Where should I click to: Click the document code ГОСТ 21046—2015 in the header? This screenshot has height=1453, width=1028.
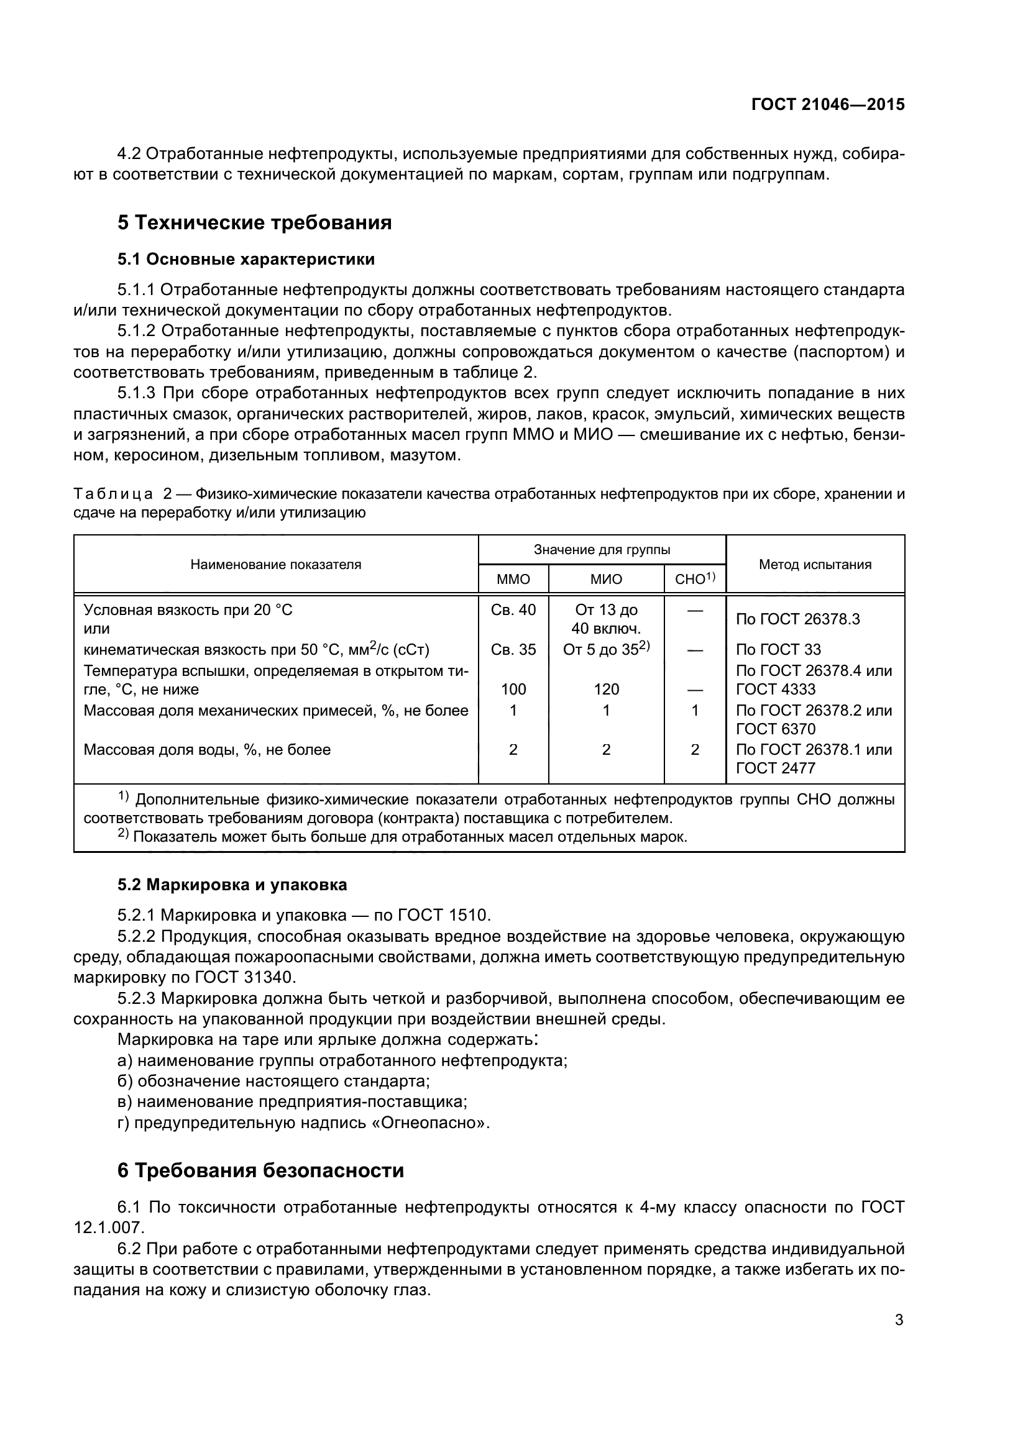[x=828, y=104]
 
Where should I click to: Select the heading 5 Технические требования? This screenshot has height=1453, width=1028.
[x=254, y=223]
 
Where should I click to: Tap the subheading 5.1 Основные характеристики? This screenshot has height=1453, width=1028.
[x=246, y=259]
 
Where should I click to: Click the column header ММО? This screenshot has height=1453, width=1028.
[x=513, y=579]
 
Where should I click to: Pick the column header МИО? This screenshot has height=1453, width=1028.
[x=606, y=579]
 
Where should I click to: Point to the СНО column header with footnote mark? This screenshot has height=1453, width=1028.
[x=694, y=578]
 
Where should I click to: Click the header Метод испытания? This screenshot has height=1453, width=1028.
[x=815, y=565]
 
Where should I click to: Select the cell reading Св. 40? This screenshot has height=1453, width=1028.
[x=513, y=609]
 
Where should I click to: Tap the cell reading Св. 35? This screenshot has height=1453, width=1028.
[x=513, y=649]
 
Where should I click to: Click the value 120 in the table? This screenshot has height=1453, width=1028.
[x=606, y=689]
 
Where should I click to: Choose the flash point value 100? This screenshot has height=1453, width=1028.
[x=513, y=689]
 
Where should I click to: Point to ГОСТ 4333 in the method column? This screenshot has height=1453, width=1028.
[x=776, y=689]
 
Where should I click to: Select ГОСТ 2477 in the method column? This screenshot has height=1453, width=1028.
[x=776, y=768]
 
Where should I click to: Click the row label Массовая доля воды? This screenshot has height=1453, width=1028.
[x=207, y=750]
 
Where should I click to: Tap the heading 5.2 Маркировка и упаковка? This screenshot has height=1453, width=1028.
[x=232, y=885]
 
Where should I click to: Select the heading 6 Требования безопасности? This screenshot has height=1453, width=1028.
[x=261, y=1171]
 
